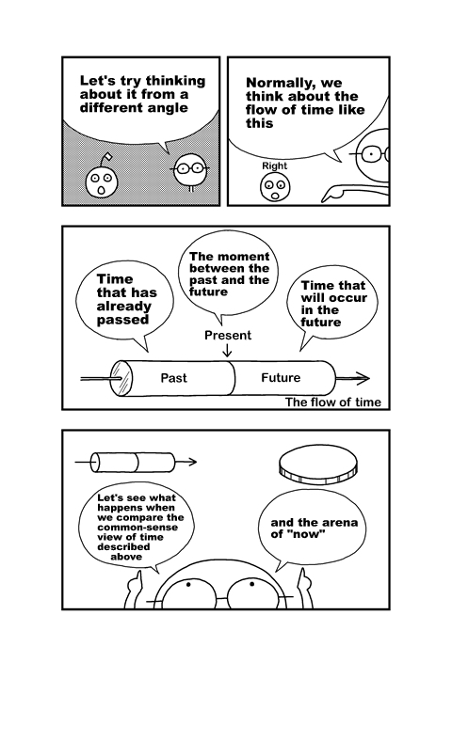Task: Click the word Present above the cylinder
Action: coord(228,335)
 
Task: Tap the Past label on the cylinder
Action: coord(173,378)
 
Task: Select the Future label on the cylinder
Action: coord(281,378)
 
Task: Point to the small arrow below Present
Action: coord(228,350)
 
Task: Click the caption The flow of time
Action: coord(333,402)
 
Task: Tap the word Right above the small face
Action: coord(275,166)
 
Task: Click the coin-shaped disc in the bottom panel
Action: coord(317,465)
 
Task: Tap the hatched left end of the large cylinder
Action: coord(121,379)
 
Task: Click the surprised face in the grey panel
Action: coord(102,182)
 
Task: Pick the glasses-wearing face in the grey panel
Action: coord(191,169)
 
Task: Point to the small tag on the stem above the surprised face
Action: coord(108,156)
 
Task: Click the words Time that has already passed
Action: coord(126,299)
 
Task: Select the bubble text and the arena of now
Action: coord(314,528)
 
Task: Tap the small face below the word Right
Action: coord(275,187)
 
